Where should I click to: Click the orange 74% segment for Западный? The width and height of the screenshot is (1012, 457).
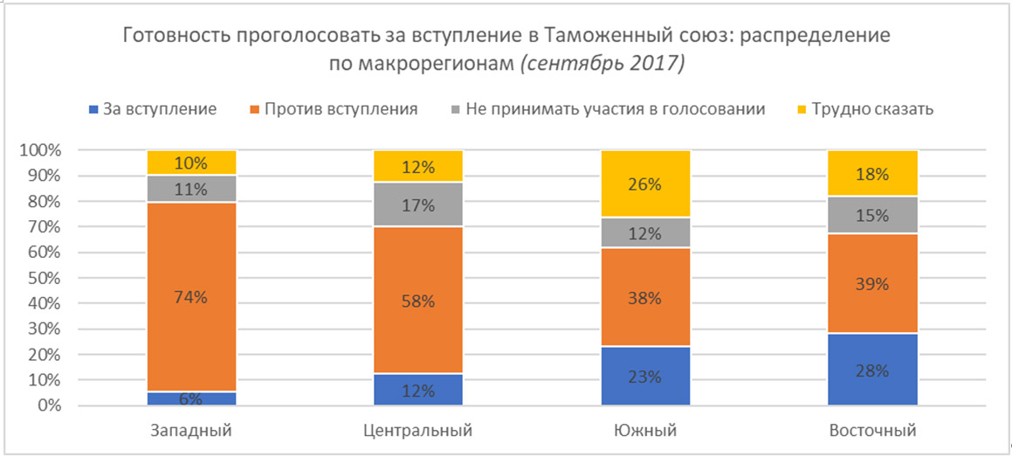(x=191, y=297)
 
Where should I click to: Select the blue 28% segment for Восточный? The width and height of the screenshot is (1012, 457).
(x=872, y=370)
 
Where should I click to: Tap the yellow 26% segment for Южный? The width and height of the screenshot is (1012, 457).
(x=645, y=184)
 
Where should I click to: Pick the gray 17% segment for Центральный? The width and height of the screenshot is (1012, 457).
(x=418, y=205)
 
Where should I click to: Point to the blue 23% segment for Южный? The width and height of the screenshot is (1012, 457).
(x=645, y=377)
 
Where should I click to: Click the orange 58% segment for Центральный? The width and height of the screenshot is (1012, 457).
(x=418, y=300)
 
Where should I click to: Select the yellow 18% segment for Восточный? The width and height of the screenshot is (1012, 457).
(x=872, y=173)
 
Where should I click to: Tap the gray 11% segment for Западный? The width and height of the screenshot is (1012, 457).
(x=191, y=189)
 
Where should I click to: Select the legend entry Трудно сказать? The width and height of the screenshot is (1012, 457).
(x=860, y=109)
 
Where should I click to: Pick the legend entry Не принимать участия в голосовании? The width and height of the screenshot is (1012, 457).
(x=610, y=109)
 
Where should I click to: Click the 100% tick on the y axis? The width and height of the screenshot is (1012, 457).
(x=40, y=150)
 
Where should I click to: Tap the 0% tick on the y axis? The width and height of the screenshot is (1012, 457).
(x=47, y=406)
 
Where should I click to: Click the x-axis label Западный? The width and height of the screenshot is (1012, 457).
(x=191, y=431)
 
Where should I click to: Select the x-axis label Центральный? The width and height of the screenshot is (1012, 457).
(x=418, y=431)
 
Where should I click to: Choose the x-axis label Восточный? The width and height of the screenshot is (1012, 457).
(x=872, y=431)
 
